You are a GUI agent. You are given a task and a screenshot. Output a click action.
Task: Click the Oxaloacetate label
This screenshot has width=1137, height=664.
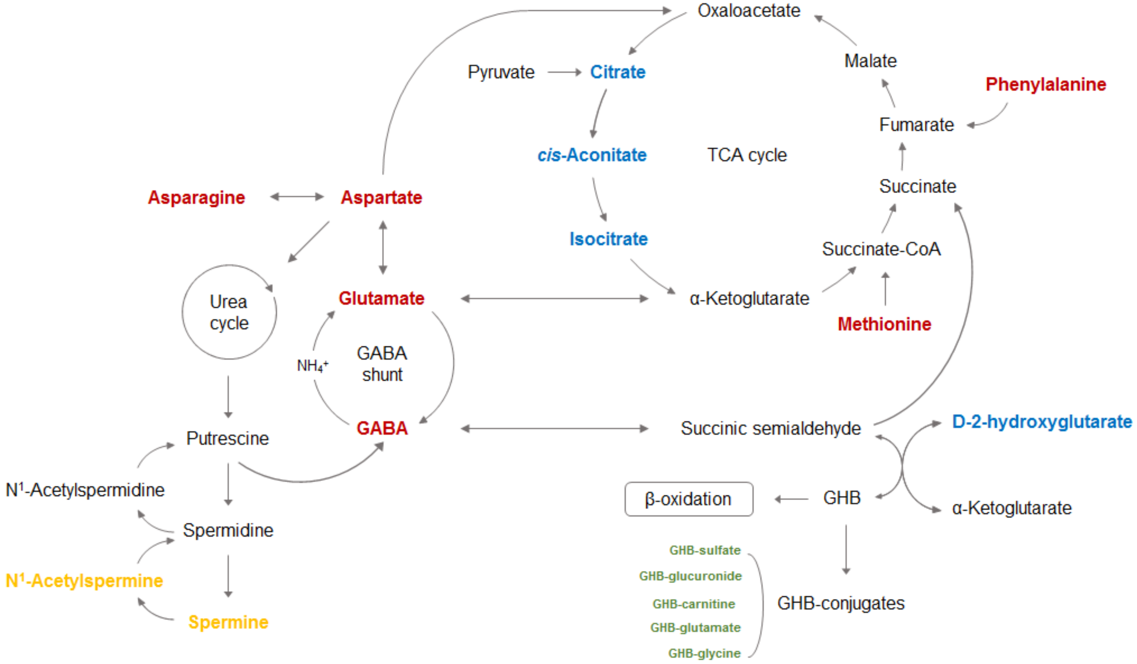click(x=749, y=11)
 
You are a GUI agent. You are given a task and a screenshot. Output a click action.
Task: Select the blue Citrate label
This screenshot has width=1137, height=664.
click(x=618, y=72)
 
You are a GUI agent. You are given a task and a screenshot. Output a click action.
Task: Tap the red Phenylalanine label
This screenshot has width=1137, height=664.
click(x=1045, y=84)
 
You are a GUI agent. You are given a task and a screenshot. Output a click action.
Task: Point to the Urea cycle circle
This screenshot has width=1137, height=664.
click(x=229, y=312)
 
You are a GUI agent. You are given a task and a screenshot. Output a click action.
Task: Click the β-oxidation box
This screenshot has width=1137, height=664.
click(x=688, y=499)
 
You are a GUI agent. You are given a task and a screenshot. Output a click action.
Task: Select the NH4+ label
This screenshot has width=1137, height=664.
click(x=312, y=365)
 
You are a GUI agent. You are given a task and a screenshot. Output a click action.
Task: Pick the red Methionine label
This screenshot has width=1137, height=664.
click(x=884, y=324)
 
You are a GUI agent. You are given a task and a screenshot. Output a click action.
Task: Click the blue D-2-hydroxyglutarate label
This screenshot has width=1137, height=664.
click(x=1041, y=422)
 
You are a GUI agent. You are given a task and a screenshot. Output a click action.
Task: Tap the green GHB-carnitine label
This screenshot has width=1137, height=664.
click(x=694, y=604)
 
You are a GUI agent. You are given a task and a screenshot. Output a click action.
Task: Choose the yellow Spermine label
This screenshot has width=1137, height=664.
click(x=228, y=622)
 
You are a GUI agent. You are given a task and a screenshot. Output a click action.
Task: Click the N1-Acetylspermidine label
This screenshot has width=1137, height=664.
click(x=85, y=490)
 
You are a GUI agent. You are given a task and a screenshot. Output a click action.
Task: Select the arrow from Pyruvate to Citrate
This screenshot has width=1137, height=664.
click(x=564, y=72)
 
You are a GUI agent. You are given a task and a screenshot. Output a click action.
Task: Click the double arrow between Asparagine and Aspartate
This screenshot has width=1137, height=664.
click(x=297, y=197)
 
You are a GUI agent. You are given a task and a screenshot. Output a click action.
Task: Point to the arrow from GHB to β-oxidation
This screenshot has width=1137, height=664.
click(x=791, y=499)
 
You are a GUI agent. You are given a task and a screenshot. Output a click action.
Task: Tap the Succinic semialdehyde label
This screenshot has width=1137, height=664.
click(x=770, y=428)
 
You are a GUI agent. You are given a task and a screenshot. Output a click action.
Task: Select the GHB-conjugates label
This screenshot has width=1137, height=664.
click(x=841, y=604)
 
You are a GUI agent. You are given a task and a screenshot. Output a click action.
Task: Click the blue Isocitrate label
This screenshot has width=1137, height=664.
click(x=608, y=239)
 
